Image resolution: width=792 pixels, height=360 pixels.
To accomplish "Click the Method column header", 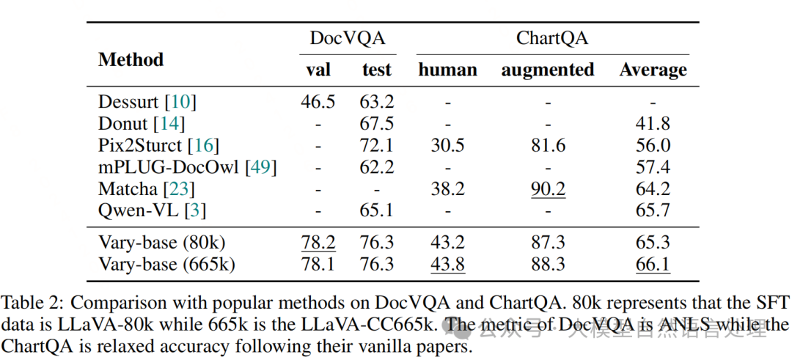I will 131,59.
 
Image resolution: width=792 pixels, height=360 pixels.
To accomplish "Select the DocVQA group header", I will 348,38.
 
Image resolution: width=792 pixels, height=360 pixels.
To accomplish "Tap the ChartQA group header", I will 552,38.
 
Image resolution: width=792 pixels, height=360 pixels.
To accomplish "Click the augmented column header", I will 548,70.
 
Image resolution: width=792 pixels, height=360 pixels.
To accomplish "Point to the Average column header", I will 653,70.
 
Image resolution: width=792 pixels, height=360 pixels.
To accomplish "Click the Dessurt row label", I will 147,102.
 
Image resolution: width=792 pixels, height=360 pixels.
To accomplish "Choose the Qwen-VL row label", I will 152,210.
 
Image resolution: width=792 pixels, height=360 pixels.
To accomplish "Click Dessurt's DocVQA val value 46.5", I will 318,102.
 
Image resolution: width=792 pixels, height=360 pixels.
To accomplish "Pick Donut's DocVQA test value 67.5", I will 376,124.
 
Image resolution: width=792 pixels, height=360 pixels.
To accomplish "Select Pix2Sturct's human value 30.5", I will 447,145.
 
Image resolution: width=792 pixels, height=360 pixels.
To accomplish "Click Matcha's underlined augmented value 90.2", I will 548,189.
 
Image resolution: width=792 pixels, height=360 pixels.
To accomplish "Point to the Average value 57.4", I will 653,167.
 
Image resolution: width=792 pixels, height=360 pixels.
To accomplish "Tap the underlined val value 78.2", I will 318,243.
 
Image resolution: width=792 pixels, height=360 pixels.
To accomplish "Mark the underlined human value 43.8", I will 447,264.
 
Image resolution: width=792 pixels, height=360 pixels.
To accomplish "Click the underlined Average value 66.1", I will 653,264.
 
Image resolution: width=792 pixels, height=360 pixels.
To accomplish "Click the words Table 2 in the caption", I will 29,303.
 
